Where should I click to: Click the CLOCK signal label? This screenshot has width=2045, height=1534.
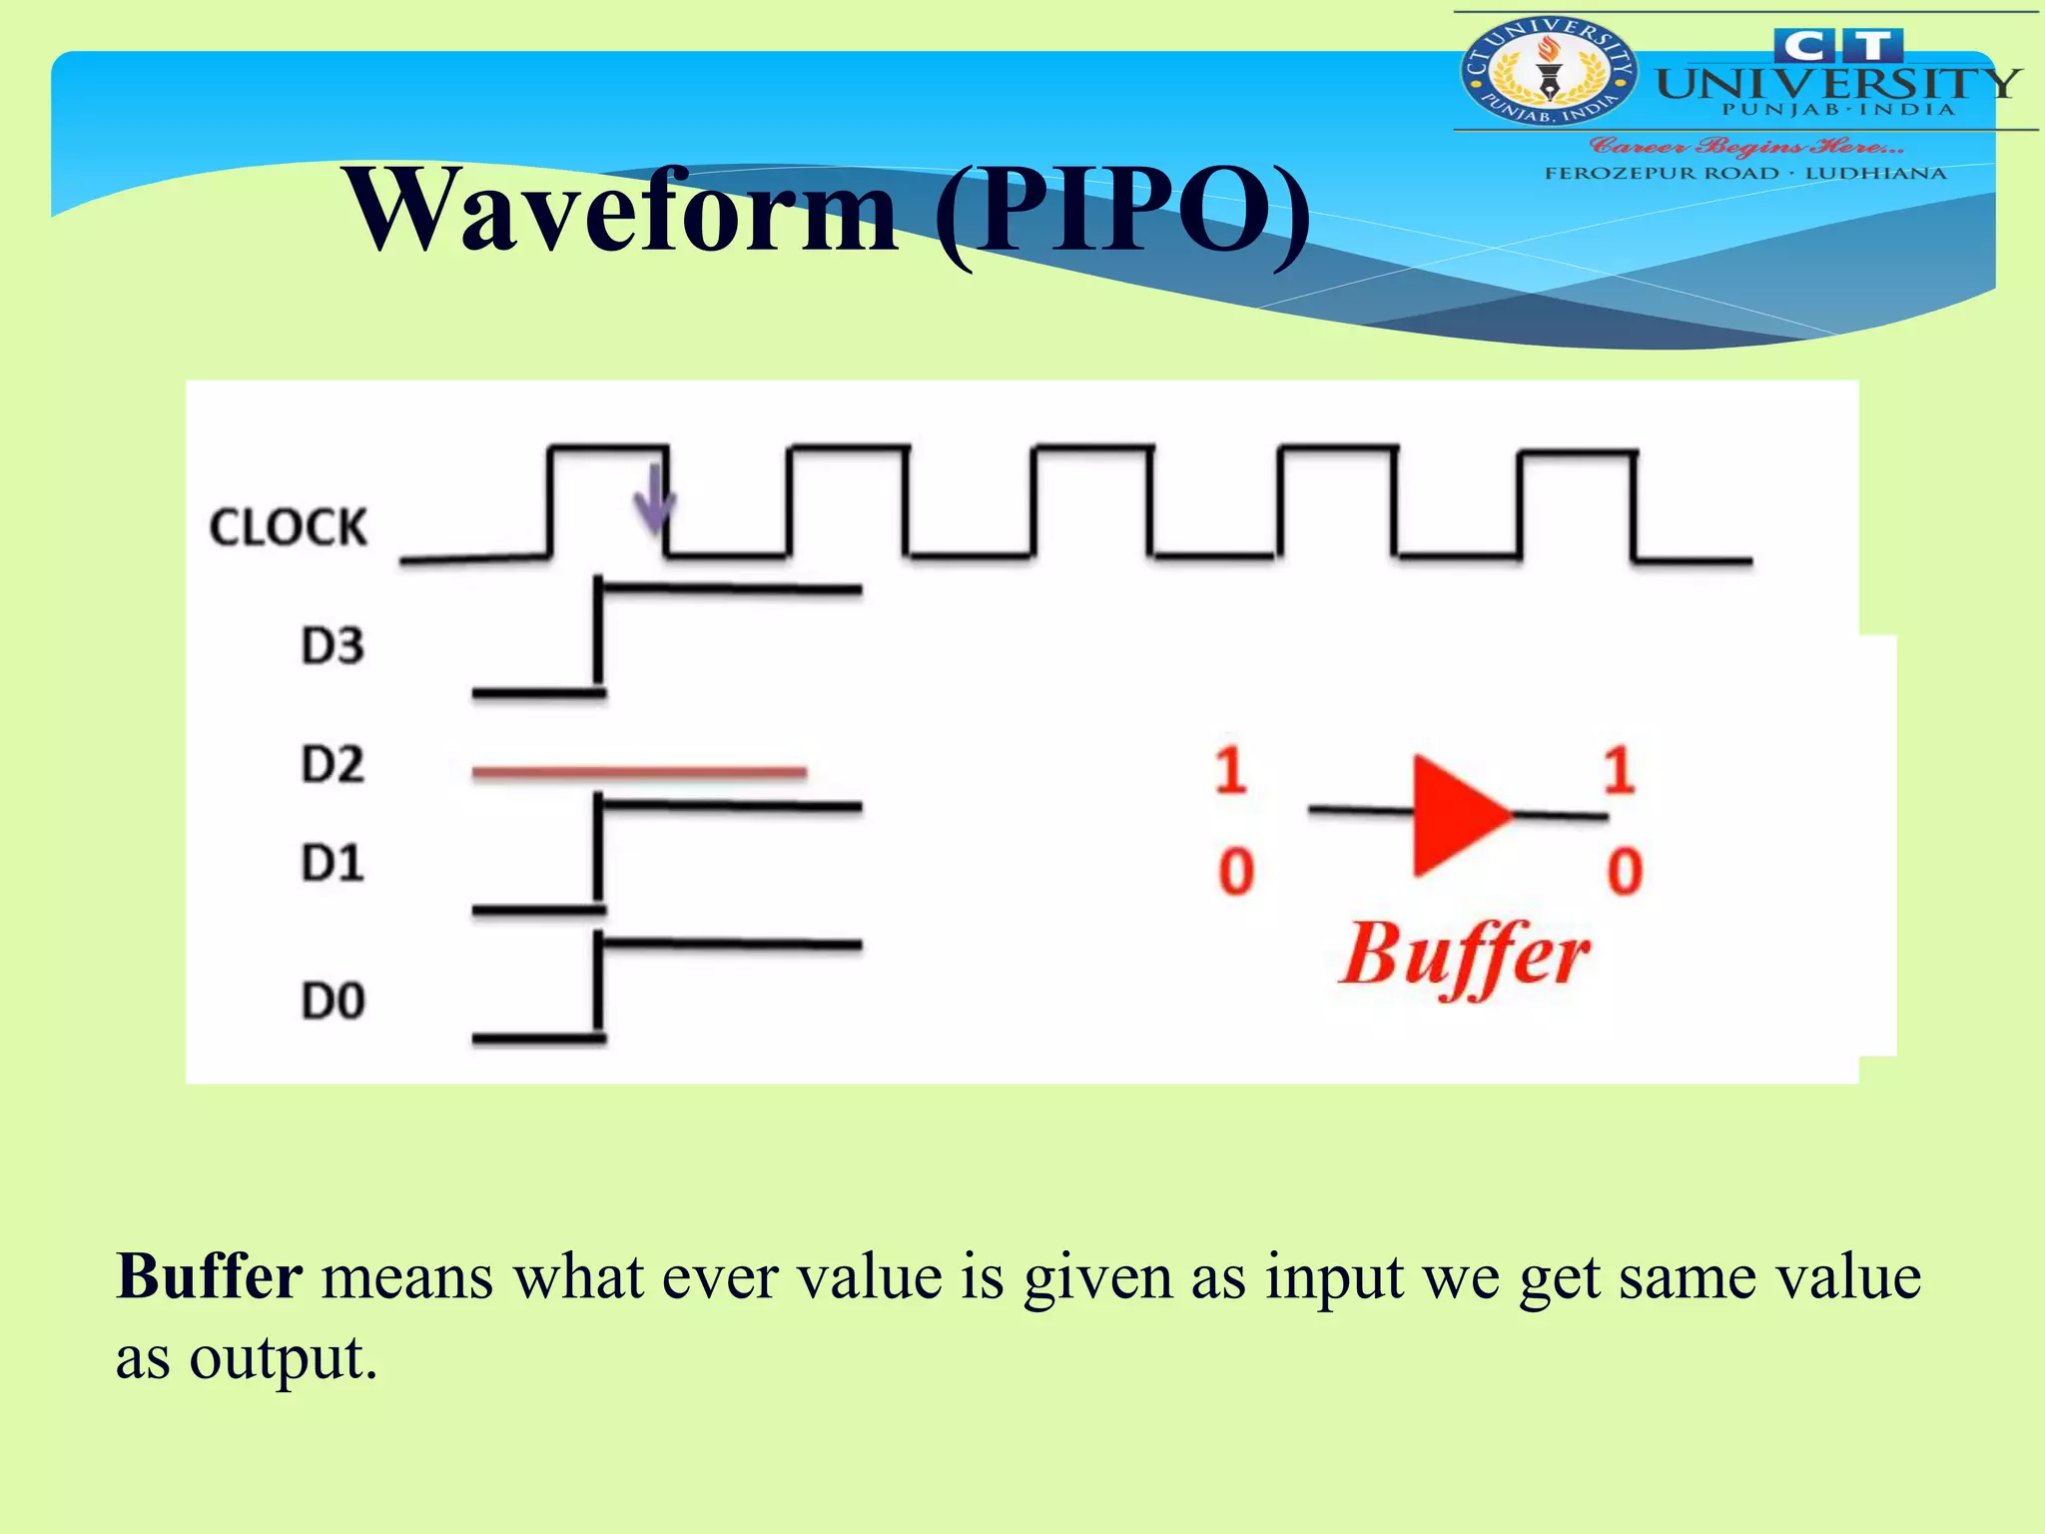point(289,527)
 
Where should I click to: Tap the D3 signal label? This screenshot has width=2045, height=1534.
point(333,646)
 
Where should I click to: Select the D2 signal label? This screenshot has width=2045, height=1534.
point(333,765)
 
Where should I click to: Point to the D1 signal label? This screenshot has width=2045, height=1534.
point(333,863)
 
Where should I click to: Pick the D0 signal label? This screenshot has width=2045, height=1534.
point(334,1001)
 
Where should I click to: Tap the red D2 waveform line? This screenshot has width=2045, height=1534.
point(639,772)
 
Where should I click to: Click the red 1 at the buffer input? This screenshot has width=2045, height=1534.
point(1230,770)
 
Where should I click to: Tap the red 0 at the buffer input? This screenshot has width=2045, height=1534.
point(1235,871)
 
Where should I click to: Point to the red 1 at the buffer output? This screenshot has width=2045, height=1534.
point(1619,770)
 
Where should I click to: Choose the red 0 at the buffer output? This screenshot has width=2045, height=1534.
point(1624,871)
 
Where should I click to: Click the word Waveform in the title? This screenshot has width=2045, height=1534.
point(621,210)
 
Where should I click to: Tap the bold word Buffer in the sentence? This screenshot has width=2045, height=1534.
point(210,1276)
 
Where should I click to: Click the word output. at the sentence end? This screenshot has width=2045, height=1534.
point(284,1358)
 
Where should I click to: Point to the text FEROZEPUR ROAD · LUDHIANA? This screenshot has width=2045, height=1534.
point(1745,174)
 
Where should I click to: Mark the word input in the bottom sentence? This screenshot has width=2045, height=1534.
point(1334,1278)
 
